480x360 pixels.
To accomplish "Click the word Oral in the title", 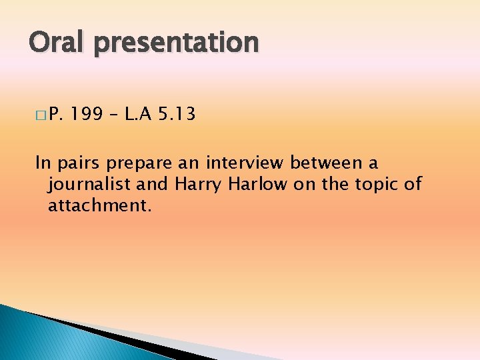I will pyautogui.click(x=57, y=42).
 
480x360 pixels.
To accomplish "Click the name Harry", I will pyautogui.click(x=200, y=185).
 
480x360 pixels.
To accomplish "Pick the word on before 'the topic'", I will pyautogui.click(x=303, y=185).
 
